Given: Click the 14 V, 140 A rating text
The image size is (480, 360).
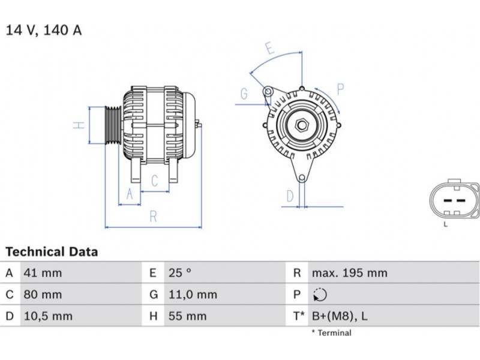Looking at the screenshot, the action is (44, 30).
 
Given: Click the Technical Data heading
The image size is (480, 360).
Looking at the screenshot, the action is (52, 251).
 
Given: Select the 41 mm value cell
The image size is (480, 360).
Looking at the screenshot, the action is (43, 273).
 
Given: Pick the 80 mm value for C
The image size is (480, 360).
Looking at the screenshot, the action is (43, 295).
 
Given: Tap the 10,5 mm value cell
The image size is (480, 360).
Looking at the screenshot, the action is (48, 316).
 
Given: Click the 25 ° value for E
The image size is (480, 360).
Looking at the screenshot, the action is (179, 273).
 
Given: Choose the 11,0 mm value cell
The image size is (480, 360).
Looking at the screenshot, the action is (193, 295).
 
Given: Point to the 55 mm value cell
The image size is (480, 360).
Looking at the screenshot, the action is (187, 316).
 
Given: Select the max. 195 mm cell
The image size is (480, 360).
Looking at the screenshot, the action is (350, 273).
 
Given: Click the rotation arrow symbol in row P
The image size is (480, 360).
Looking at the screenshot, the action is (320, 295).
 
